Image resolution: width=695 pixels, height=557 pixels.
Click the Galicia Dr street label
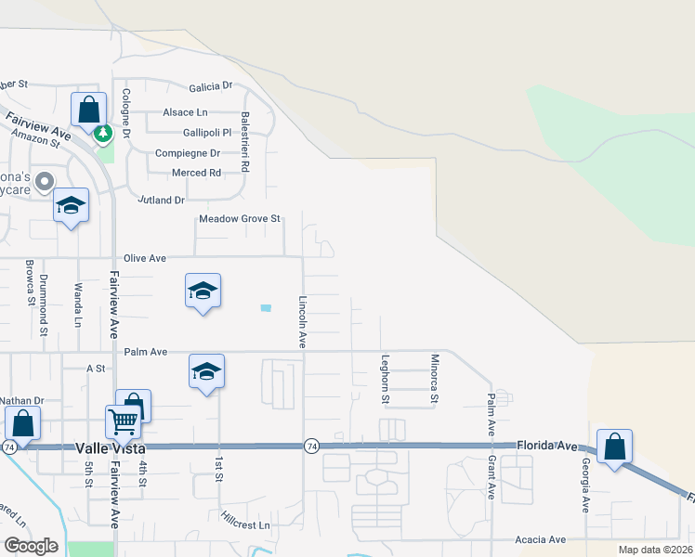pos(211,85)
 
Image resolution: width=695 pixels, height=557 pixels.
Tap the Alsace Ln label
pos(185,112)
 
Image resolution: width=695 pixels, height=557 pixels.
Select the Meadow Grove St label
pos(240,219)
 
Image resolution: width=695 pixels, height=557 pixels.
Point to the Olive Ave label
pos(145,258)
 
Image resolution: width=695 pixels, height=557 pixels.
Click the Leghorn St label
pos(385,379)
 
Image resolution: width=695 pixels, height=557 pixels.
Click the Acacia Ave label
pos(544,539)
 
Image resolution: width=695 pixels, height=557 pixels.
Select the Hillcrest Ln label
pos(245,525)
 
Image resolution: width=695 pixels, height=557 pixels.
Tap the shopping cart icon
pos(123,422)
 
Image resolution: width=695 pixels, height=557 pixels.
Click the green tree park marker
pos(103,134)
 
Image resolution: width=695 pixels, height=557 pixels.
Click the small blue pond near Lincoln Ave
pos(267,308)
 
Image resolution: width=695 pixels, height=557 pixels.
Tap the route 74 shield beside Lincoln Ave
pos(312,447)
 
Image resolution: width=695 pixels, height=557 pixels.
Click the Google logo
pos(31,546)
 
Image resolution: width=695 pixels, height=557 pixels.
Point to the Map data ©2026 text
pos(654,549)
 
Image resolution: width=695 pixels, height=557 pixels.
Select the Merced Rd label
pos(196,173)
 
